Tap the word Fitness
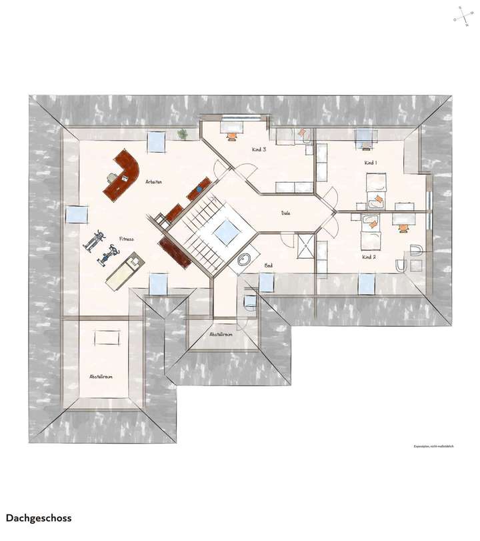click(x=127, y=238)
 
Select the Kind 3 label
click(x=259, y=149)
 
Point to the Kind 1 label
click(x=370, y=163)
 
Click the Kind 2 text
click(x=369, y=256)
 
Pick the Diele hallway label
click(x=287, y=213)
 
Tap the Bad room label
click(x=269, y=265)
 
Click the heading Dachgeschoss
click(x=39, y=518)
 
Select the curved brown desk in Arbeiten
click(x=122, y=172)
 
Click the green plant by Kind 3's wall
click(x=182, y=134)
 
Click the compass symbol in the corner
click(x=462, y=15)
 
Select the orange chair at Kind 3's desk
click(x=232, y=135)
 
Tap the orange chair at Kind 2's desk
click(x=403, y=227)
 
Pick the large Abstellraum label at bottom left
click(x=101, y=377)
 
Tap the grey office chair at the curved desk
click(x=112, y=177)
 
